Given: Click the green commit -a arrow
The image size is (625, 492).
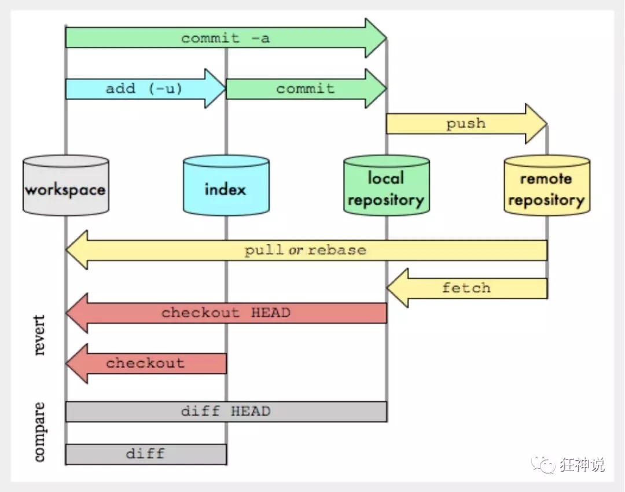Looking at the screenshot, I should [x=226, y=38].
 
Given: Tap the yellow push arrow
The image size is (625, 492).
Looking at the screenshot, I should [x=466, y=124].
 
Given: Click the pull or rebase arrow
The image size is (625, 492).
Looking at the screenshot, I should [x=306, y=250].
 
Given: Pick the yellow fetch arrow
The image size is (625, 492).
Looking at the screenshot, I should [x=466, y=288].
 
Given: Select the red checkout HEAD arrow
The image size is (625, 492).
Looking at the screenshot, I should [x=226, y=313].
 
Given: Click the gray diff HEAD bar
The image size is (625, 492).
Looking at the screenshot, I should [x=226, y=412].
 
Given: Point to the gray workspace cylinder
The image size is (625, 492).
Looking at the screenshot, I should [x=65, y=186].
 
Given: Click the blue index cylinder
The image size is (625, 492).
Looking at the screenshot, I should [x=226, y=186].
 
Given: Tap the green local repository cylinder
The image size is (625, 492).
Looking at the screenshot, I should [x=386, y=186].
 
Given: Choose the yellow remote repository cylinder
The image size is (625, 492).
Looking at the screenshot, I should [x=546, y=186].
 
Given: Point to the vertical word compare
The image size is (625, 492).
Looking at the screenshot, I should [x=39, y=432].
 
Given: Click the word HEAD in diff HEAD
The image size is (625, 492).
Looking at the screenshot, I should [x=251, y=412].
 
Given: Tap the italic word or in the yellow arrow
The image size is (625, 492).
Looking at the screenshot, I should [x=296, y=251].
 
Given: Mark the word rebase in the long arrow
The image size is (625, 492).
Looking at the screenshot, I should [x=337, y=251].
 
